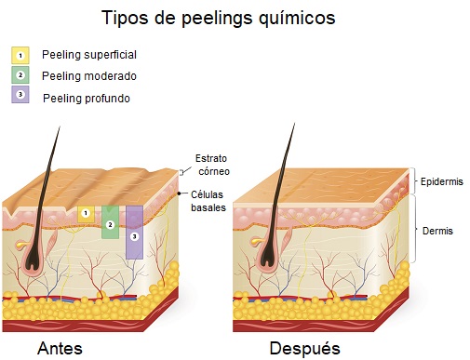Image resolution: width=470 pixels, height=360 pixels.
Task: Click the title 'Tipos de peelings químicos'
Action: [x=219, y=18]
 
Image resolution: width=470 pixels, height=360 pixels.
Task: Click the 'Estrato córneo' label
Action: [x=212, y=165]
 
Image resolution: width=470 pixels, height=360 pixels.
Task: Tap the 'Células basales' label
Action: [x=209, y=199]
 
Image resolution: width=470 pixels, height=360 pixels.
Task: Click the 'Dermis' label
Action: [x=437, y=230]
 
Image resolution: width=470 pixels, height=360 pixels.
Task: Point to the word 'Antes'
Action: [x=60, y=348]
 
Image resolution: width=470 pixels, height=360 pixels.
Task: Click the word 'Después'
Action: [x=305, y=349]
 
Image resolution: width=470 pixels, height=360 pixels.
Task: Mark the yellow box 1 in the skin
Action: [x=86, y=213]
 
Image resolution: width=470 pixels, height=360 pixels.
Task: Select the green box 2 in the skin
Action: [x=111, y=223]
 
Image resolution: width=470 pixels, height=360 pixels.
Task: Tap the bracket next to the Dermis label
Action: [x=415, y=230]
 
